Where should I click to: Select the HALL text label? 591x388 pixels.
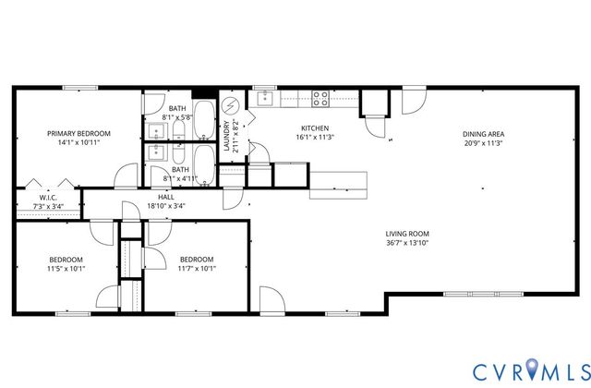click(166, 196)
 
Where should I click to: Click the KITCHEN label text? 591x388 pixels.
click(315, 127)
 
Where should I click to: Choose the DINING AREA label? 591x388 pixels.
click(483, 133)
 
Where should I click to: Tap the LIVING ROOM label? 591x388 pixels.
click(407, 233)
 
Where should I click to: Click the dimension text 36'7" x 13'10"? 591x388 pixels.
click(407, 243)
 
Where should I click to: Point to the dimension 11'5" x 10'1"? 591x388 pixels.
click(66, 269)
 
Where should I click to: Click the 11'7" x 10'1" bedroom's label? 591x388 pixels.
click(197, 259)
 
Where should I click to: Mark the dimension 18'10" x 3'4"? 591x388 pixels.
click(166, 206)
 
